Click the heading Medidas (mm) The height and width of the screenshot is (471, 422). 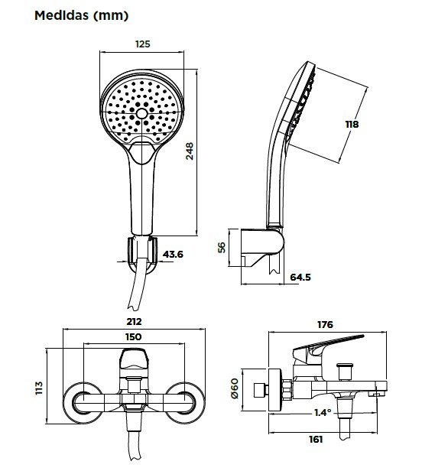[81, 15]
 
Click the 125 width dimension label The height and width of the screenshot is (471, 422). [142, 44]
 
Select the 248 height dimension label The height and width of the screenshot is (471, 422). [190, 151]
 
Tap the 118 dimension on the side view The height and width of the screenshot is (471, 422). [352, 124]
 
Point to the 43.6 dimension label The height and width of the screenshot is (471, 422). [173, 255]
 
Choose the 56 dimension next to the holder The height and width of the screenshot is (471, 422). [222, 247]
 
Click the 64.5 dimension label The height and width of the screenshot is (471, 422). [300, 277]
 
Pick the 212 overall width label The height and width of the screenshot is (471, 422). [134, 322]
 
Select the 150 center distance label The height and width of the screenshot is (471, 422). [133, 336]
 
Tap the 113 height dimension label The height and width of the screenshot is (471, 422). [39, 388]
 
